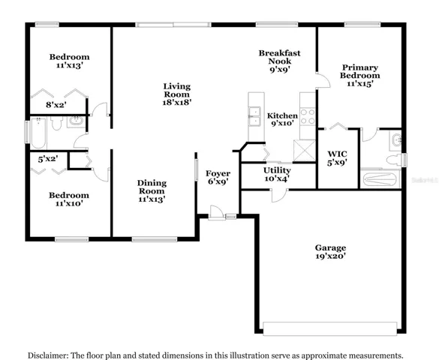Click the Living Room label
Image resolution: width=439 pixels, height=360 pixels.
point(177,94)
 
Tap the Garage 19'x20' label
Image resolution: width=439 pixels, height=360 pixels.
point(330,252)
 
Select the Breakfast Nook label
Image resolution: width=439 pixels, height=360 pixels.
point(279,61)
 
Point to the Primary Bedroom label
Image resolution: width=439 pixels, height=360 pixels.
point(360,76)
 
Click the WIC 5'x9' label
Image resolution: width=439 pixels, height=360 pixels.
point(338,158)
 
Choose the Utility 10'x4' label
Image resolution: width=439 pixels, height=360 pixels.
point(277,174)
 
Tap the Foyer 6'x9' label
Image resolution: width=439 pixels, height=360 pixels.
point(218,177)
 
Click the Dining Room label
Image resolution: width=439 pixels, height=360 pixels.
point(152,191)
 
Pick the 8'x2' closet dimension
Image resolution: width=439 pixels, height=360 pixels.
point(56,105)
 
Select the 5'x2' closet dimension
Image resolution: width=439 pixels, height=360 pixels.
point(48,159)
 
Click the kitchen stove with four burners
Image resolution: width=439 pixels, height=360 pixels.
point(308,116)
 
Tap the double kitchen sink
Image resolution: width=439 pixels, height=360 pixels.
point(254,116)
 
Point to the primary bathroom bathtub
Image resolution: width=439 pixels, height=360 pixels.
point(380,178)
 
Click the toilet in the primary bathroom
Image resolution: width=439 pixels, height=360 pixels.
point(394,160)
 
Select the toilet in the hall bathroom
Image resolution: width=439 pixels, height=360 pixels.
point(57,123)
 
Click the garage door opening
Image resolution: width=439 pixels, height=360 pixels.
point(329,328)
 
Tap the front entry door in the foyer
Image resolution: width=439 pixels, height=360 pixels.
point(216,212)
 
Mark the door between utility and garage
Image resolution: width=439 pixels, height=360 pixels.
point(279,195)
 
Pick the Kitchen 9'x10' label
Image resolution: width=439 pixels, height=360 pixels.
point(282,119)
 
